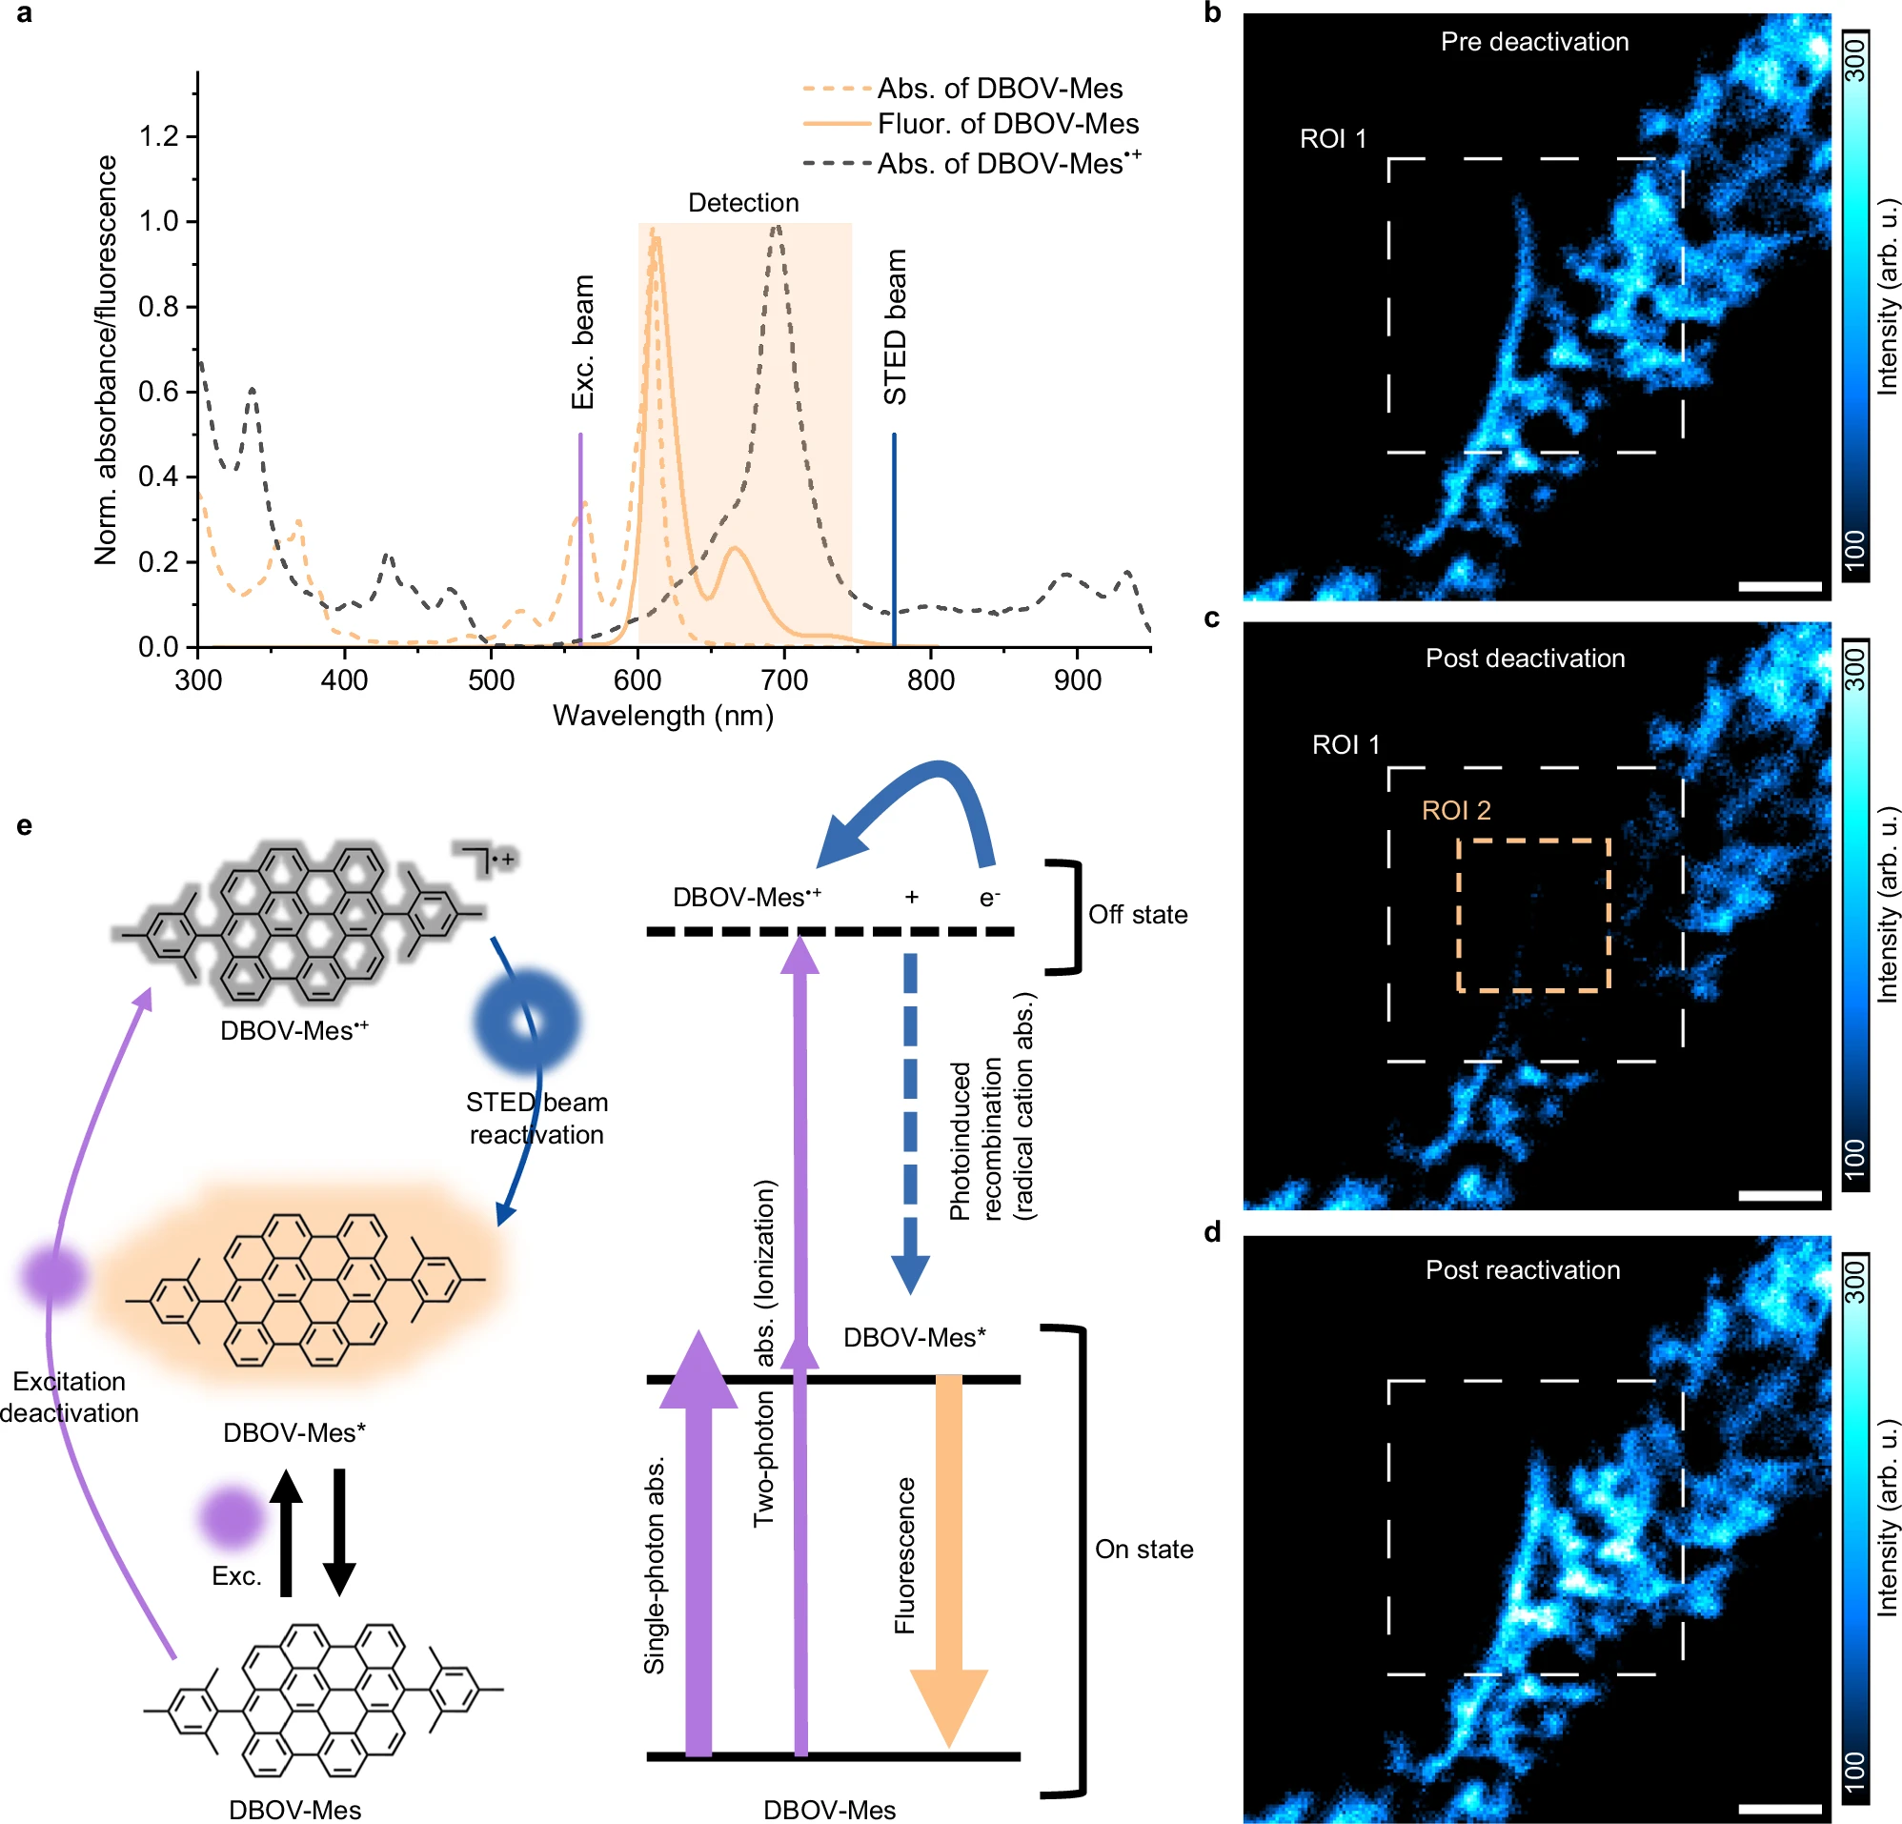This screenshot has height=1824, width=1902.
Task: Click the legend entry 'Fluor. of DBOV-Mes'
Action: coord(1007,124)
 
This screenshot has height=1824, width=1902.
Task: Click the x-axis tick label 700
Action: coord(783,680)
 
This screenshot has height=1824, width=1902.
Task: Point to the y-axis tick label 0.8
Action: coord(159,307)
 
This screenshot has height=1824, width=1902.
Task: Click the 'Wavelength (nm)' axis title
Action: coord(663,716)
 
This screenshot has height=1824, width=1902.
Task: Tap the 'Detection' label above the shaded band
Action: coord(743,203)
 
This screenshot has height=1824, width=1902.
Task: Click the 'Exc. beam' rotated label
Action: coord(583,342)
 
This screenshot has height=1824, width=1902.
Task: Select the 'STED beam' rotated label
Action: coord(895,327)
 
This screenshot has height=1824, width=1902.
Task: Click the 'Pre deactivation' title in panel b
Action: coord(1534,42)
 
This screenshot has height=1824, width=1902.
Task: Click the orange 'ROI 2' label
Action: coord(1456,811)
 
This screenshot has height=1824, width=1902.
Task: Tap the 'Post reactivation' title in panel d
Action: coord(1522,1269)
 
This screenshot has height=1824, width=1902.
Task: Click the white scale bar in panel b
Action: coord(1780,586)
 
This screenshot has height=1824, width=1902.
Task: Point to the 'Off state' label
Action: coord(1138,915)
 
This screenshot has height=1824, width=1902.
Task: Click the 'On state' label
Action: coord(1143,1550)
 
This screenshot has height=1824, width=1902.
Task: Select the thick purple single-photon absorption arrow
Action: coord(698,1553)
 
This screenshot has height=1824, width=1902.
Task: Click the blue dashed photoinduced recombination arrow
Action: coord(910,1122)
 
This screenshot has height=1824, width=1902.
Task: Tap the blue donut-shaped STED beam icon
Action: coord(527,1022)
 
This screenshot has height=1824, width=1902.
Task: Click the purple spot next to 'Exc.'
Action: coord(231,1517)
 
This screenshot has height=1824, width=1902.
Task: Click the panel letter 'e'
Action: coord(24,826)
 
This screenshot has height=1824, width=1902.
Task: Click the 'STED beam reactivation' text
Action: coord(536,1118)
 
